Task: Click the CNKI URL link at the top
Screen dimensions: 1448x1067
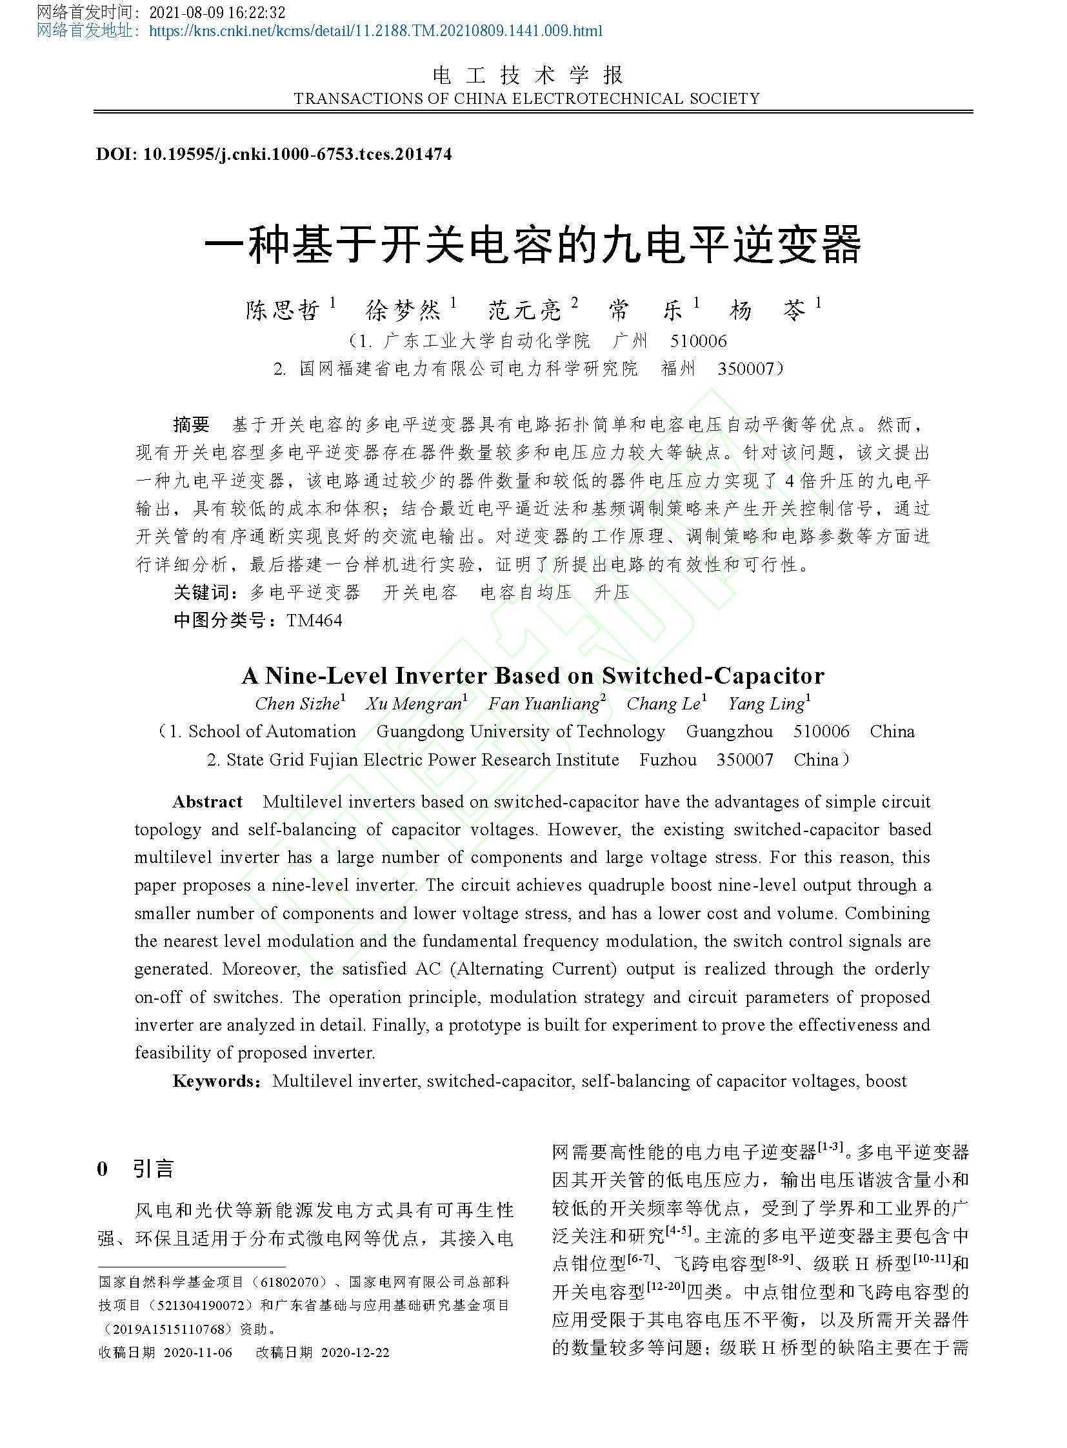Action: point(375,30)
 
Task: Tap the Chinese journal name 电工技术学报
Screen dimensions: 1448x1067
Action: point(528,75)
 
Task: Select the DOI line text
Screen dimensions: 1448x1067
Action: point(274,154)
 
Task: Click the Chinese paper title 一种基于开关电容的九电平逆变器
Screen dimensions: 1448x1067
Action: point(533,245)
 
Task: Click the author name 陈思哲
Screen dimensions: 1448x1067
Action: point(283,311)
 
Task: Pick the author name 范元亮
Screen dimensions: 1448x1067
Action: point(524,311)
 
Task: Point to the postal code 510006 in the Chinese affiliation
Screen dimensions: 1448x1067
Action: point(698,341)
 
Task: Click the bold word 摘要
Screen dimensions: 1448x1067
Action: point(191,424)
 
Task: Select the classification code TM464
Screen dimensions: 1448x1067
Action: point(314,620)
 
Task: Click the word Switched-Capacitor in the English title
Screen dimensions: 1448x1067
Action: point(713,675)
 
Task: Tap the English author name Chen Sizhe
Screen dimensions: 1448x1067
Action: point(297,703)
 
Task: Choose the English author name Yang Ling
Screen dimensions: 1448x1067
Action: point(766,703)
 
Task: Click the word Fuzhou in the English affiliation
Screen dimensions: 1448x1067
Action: point(668,760)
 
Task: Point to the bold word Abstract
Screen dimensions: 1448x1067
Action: point(207,802)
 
